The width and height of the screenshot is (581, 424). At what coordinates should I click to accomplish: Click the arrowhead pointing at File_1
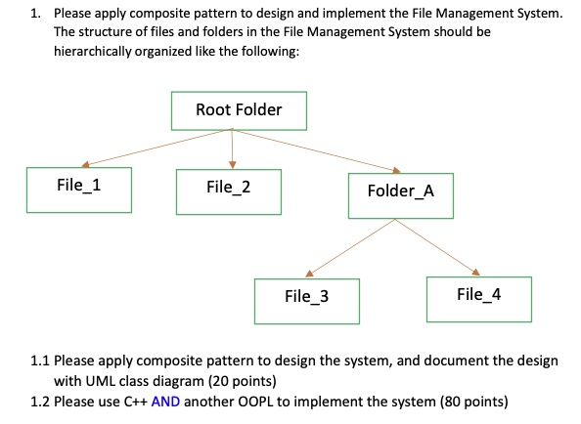(86, 164)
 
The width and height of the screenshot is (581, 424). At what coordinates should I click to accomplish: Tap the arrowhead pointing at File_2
(233, 165)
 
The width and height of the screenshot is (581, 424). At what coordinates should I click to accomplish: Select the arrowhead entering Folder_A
(396, 170)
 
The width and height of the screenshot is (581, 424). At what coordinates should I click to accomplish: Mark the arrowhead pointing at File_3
(309, 274)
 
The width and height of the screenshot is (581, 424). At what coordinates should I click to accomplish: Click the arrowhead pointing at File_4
(475, 272)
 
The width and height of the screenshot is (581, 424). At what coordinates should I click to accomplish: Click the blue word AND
(165, 402)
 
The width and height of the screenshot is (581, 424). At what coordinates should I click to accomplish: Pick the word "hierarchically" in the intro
(93, 51)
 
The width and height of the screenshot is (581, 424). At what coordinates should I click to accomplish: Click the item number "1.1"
(40, 360)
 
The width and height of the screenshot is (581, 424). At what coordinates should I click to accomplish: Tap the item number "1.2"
(40, 402)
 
